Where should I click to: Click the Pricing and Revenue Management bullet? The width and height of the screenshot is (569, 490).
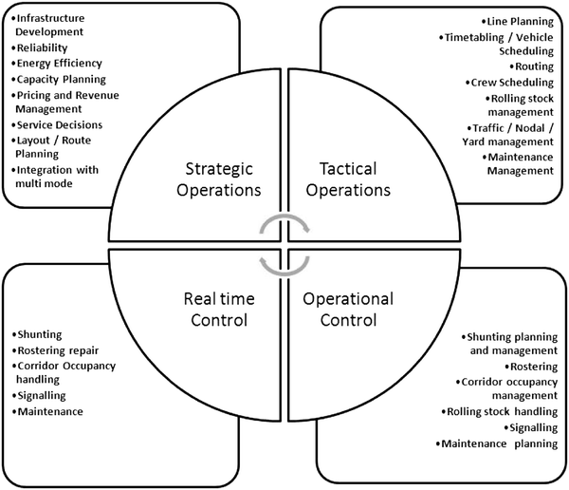pyautogui.click(x=66, y=102)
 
